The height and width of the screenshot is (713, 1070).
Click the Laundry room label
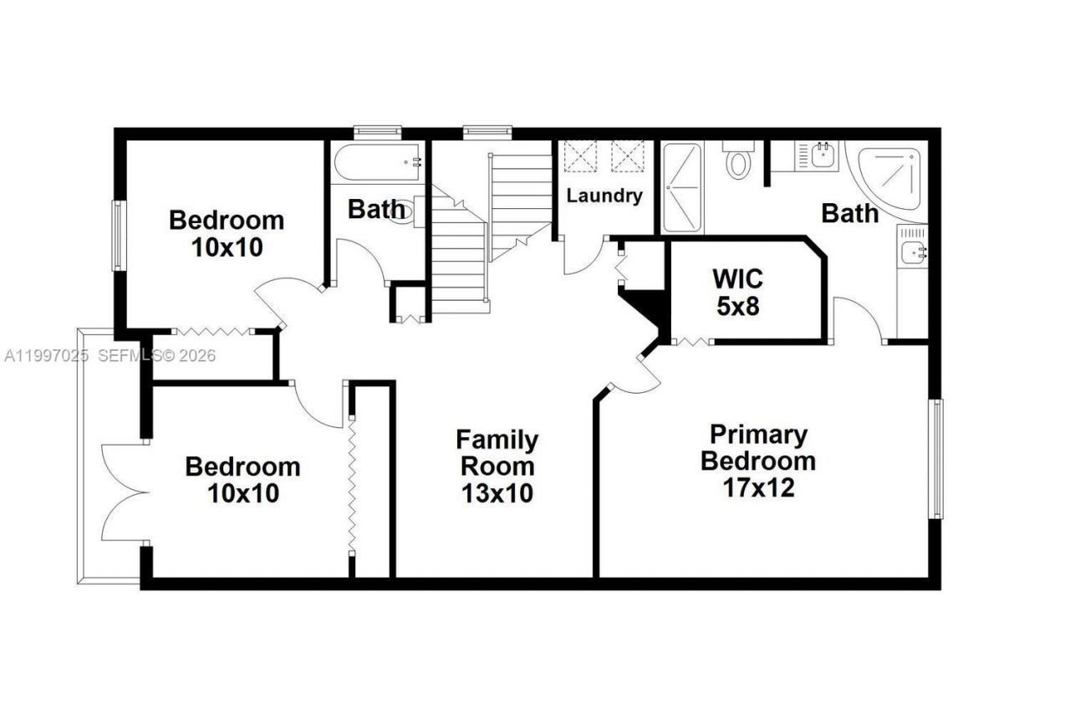click(604, 196)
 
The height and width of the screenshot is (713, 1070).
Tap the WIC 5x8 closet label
click(738, 292)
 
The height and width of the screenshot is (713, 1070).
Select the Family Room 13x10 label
click(497, 466)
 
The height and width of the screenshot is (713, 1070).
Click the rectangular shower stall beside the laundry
click(682, 188)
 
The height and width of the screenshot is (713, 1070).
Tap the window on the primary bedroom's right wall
click(937, 459)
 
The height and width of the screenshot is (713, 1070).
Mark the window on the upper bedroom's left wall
click(119, 236)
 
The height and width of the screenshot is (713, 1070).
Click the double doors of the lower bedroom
click(121, 493)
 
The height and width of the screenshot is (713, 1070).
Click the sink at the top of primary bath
click(820, 155)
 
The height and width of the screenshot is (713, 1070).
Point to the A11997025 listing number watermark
click(46, 355)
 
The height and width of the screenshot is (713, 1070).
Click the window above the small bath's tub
click(377, 131)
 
